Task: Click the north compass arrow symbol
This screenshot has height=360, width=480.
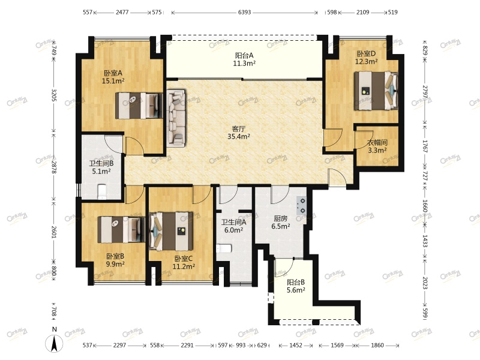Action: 54,343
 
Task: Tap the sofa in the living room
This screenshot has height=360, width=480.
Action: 176,118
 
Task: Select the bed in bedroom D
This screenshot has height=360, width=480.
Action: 376,91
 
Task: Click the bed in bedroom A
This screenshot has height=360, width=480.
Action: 139,106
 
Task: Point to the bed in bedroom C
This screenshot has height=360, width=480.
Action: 171,232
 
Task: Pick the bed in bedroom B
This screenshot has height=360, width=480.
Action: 121,230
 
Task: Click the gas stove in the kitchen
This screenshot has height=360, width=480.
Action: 301,205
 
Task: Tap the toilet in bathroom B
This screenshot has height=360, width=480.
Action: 101,192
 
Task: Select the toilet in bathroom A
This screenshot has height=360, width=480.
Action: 223,248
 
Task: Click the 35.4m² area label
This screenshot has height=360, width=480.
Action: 239,137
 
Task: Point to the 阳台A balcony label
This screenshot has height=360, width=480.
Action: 244,55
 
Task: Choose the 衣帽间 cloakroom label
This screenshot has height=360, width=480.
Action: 377,142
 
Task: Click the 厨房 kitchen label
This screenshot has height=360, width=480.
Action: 280,218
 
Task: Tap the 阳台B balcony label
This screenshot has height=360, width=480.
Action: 296,283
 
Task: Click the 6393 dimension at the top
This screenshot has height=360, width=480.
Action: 244,12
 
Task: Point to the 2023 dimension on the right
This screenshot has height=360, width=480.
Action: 425,283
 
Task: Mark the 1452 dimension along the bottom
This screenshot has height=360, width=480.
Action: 296,346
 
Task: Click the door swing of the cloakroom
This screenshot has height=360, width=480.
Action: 364,140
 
